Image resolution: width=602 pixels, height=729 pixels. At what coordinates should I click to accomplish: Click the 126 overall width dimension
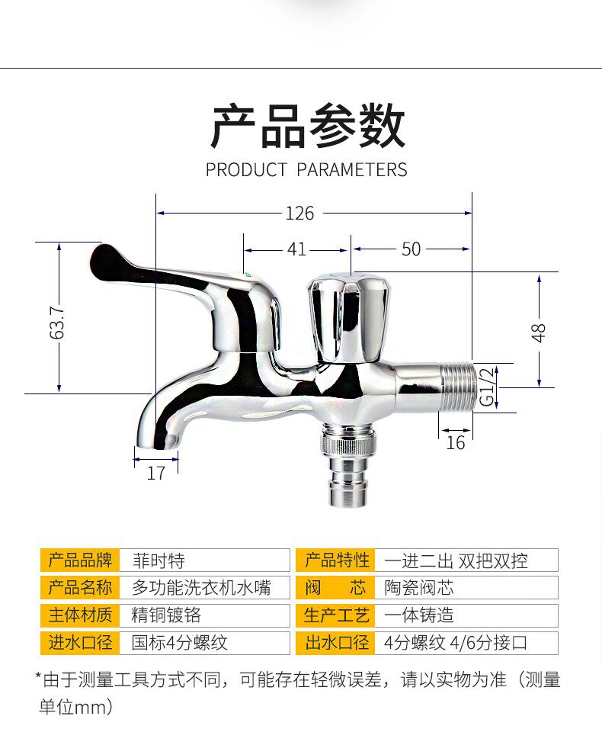click(299, 214)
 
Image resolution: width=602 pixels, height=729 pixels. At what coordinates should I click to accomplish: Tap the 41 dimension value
click(296, 249)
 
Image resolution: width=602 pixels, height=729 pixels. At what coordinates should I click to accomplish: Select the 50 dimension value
click(411, 249)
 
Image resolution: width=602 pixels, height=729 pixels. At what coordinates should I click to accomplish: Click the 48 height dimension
click(540, 332)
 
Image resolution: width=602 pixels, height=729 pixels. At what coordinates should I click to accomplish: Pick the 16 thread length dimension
click(455, 443)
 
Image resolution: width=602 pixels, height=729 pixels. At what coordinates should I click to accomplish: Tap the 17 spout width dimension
click(155, 474)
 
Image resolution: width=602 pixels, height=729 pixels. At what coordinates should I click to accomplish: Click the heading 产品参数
click(307, 127)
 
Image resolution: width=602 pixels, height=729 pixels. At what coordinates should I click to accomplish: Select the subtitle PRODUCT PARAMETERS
click(306, 169)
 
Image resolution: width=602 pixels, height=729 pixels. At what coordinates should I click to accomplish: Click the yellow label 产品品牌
click(80, 560)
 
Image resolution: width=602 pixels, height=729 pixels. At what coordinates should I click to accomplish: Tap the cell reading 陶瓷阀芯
click(419, 588)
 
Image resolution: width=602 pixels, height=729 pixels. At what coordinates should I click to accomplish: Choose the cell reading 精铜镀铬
click(166, 615)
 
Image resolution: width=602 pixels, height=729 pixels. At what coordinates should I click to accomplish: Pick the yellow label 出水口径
click(337, 643)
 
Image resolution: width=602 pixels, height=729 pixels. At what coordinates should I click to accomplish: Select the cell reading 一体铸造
click(419, 615)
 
